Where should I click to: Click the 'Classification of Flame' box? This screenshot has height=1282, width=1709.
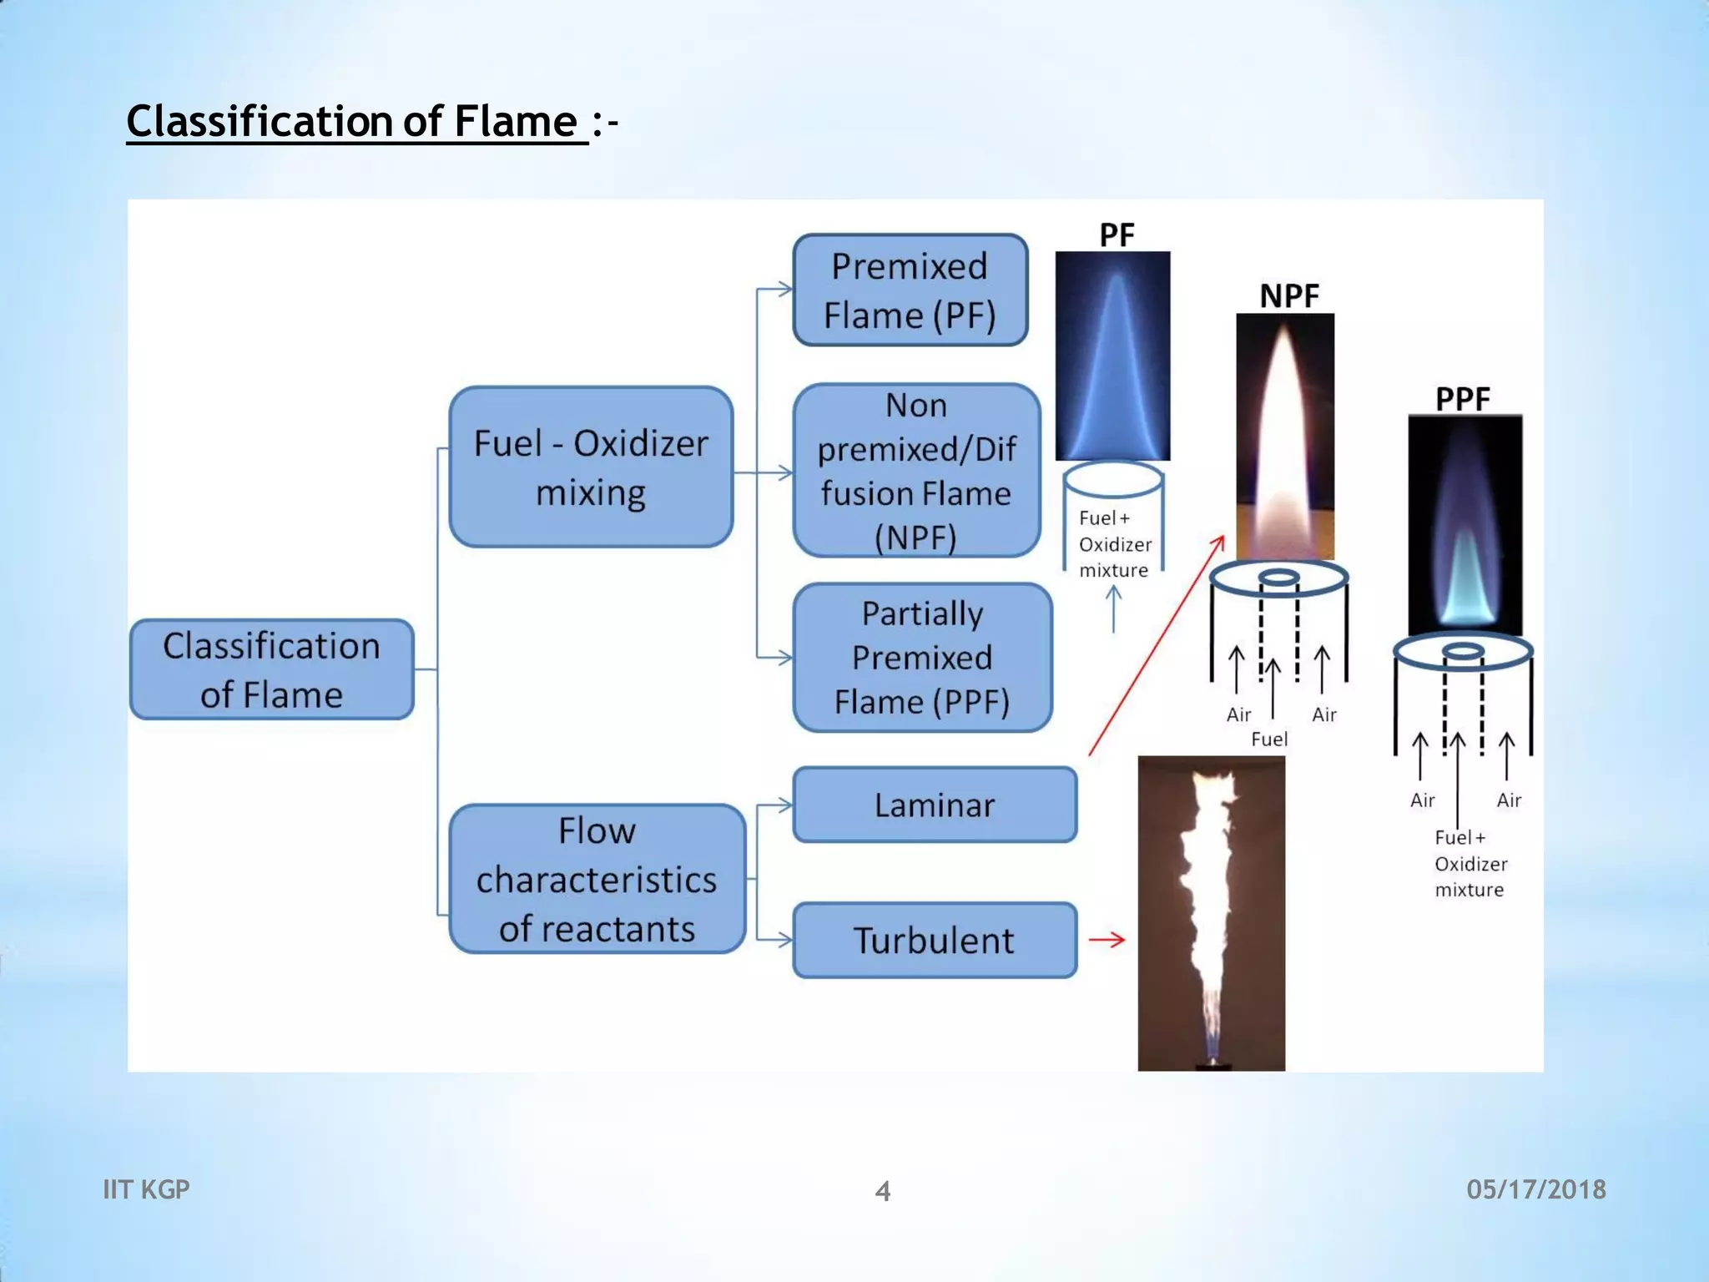coord(272,669)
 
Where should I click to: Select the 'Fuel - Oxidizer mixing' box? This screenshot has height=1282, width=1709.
coord(591,467)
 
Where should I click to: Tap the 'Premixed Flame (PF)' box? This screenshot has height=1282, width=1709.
coord(910,290)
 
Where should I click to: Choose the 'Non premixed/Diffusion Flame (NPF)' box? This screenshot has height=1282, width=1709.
coord(916,471)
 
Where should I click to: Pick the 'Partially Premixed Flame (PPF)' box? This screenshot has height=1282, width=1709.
coord(922,658)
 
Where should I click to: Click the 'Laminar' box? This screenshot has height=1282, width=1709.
coord(935,805)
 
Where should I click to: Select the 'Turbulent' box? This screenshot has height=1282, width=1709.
coord(935,941)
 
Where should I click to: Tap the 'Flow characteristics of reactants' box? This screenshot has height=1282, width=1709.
coord(597,879)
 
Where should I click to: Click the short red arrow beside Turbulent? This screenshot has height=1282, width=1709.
coord(1107,940)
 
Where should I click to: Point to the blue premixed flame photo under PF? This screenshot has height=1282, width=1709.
coord(1112,356)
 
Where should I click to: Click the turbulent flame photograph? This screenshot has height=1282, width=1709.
coord(1211,913)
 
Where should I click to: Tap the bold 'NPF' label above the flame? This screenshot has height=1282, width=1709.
coord(1289,296)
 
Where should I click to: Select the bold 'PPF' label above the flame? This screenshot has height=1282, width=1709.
coord(1463,399)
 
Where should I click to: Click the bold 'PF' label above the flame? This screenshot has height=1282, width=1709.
coord(1117,235)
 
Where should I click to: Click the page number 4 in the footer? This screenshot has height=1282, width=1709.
coord(883,1191)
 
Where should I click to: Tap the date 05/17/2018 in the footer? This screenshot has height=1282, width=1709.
coord(1536,1189)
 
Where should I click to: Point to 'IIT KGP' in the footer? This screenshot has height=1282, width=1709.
coord(146,1189)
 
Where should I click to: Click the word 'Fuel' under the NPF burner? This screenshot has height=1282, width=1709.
coord(1269,739)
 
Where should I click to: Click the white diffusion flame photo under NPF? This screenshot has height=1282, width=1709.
coord(1285,437)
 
